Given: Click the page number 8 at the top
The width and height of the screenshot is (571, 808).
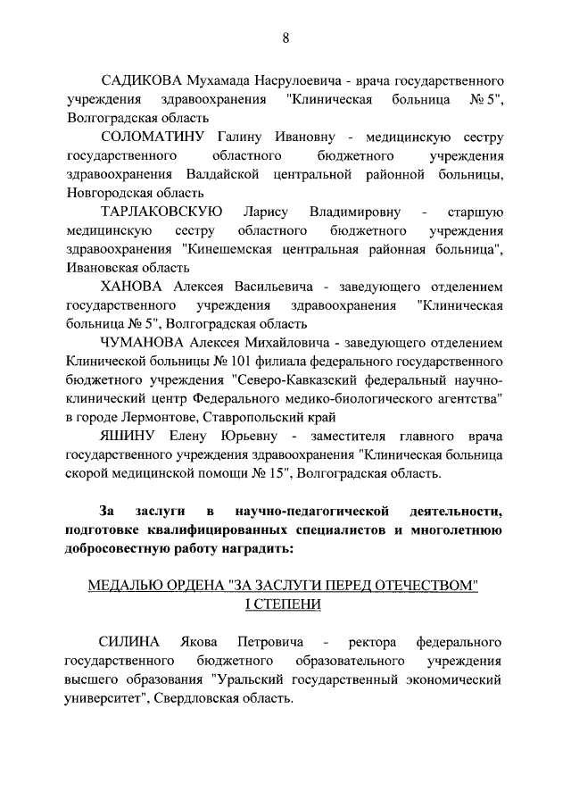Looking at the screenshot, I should coord(285,37).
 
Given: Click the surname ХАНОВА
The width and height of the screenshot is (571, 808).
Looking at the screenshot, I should coord(131,287).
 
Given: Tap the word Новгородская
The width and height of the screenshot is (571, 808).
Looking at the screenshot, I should coord(106,193).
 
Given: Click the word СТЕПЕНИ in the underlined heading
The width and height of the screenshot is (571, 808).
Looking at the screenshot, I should coord(290,604).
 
